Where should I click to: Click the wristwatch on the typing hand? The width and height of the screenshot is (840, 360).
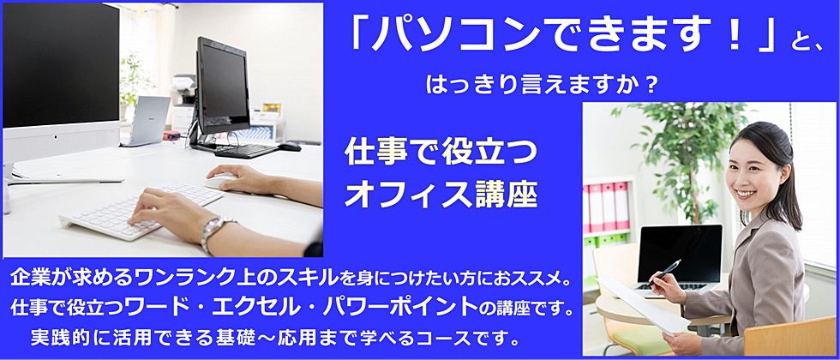click(x=214, y=231)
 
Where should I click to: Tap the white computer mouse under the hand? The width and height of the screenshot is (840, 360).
click(x=221, y=181)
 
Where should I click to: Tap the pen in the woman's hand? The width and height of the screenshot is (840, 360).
click(x=664, y=273)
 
